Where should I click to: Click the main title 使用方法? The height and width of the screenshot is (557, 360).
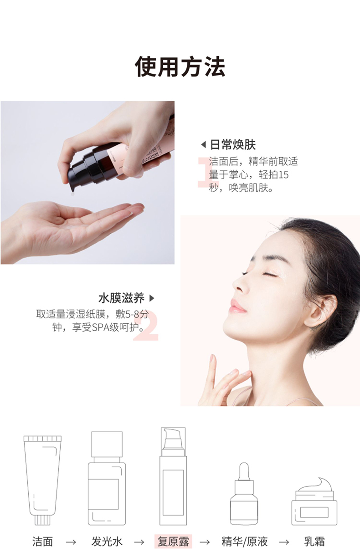pos(180,66)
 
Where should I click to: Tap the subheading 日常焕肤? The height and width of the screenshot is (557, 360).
pos(233,145)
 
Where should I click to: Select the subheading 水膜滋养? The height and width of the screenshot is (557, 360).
pos(121,298)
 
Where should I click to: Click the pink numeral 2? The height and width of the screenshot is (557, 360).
pos(146,326)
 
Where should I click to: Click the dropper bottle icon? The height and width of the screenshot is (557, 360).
pos(244,494)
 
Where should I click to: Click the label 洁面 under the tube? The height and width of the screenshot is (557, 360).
pos(42,542)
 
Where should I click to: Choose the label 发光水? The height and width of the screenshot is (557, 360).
pos(107,542)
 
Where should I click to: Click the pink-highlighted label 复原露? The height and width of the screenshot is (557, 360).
pos(173,542)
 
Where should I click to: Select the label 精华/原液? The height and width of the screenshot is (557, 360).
pos(245,542)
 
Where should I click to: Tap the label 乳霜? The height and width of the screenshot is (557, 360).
pos(314,542)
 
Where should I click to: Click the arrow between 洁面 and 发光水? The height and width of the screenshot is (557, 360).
pos(71,542)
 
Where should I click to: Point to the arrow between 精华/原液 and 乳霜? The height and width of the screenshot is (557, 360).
pos(284,542)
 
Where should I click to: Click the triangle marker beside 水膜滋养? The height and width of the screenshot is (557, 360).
pos(152,298)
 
